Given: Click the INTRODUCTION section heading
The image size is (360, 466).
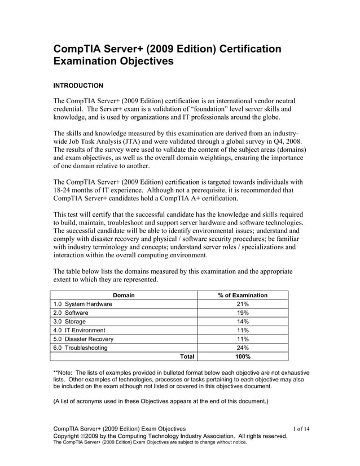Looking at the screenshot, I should pos(78,86).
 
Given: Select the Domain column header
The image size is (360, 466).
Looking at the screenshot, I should pos(124,295).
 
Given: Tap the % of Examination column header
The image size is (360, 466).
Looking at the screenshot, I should pos(243,295).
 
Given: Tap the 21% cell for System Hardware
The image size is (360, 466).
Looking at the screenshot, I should pos(243,305).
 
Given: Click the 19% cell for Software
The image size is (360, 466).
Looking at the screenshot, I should pos(243,313).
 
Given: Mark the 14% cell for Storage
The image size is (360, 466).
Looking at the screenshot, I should pos(243,322).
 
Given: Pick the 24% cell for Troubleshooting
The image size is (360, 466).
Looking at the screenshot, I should pos(243,348).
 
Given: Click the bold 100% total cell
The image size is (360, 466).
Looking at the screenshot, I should pos(243,357).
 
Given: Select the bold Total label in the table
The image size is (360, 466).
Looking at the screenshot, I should pos(187,357).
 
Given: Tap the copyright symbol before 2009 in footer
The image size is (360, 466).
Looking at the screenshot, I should pos(85,437).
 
